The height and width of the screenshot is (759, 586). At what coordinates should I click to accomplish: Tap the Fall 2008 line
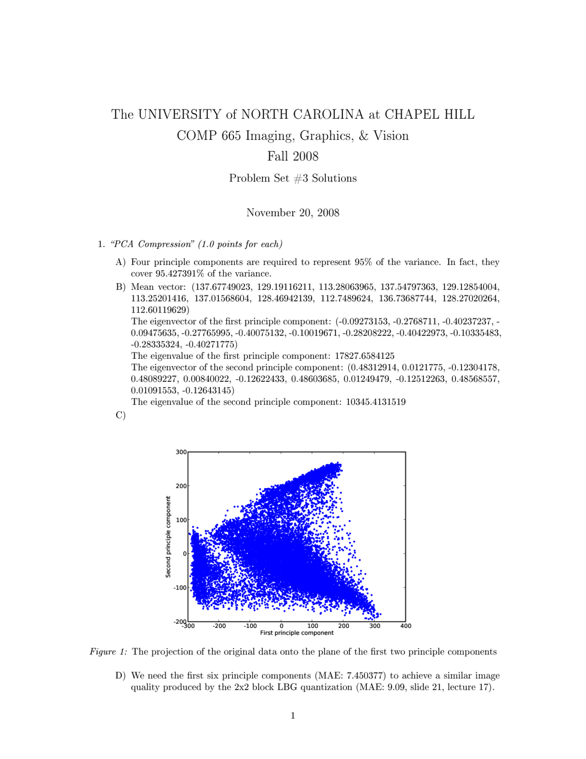[293, 156]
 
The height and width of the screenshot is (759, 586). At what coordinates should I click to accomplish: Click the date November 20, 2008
[293, 213]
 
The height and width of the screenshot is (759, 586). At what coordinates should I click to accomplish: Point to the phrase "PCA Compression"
[152, 244]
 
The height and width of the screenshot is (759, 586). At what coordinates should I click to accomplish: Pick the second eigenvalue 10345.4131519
[375, 402]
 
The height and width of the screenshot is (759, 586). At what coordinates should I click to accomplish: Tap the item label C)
[120, 415]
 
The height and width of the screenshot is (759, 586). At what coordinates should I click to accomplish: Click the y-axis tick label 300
[181, 452]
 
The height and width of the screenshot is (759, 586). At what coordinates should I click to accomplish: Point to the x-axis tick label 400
[405, 626]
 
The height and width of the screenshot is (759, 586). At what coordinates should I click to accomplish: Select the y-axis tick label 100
[181, 520]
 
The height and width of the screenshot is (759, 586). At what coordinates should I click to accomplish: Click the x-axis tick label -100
[250, 626]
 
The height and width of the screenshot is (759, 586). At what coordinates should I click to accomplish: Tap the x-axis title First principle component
[297, 633]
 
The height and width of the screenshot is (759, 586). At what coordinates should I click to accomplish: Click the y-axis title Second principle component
[168, 537]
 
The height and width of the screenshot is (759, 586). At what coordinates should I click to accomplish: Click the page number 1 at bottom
[293, 715]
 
